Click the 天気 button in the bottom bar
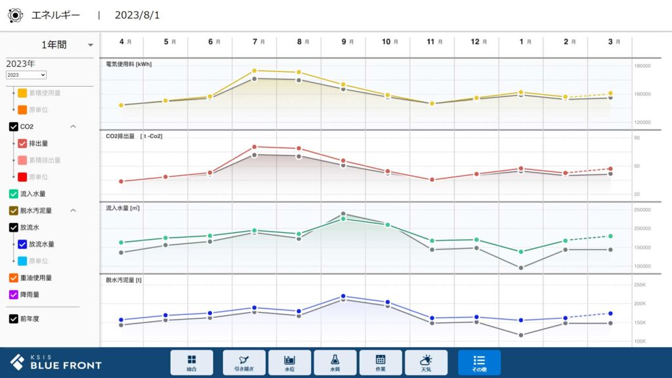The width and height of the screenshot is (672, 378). pos(426,362)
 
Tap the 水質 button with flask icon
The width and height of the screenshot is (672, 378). pos(335,362)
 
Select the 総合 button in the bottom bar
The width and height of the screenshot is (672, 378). pos(192,362)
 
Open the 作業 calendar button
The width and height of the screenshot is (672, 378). pos(381,362)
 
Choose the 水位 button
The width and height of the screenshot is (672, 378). pos(289,362)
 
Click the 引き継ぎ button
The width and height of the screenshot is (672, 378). pos(244,362)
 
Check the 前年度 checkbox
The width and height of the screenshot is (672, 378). pos(14,319)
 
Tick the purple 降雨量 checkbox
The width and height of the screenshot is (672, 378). pos(14,295)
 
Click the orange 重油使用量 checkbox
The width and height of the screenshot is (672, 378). pos(14,278)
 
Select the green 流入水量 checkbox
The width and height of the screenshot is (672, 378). pos(14,194)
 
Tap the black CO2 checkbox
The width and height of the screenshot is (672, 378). pos(14,126)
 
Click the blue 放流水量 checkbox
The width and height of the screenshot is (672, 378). pos(22,244)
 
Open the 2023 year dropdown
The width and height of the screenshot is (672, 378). pos(26,75)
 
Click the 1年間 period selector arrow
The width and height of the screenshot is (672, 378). pos(91,45)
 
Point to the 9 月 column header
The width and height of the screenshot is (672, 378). pos(346,41)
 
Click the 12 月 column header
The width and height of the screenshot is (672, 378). pos(478,41)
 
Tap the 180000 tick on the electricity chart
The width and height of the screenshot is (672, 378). pos(642,66)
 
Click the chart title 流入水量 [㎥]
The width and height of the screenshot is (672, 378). pos(123,208)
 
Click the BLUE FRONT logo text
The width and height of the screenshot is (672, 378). pos(66,365)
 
